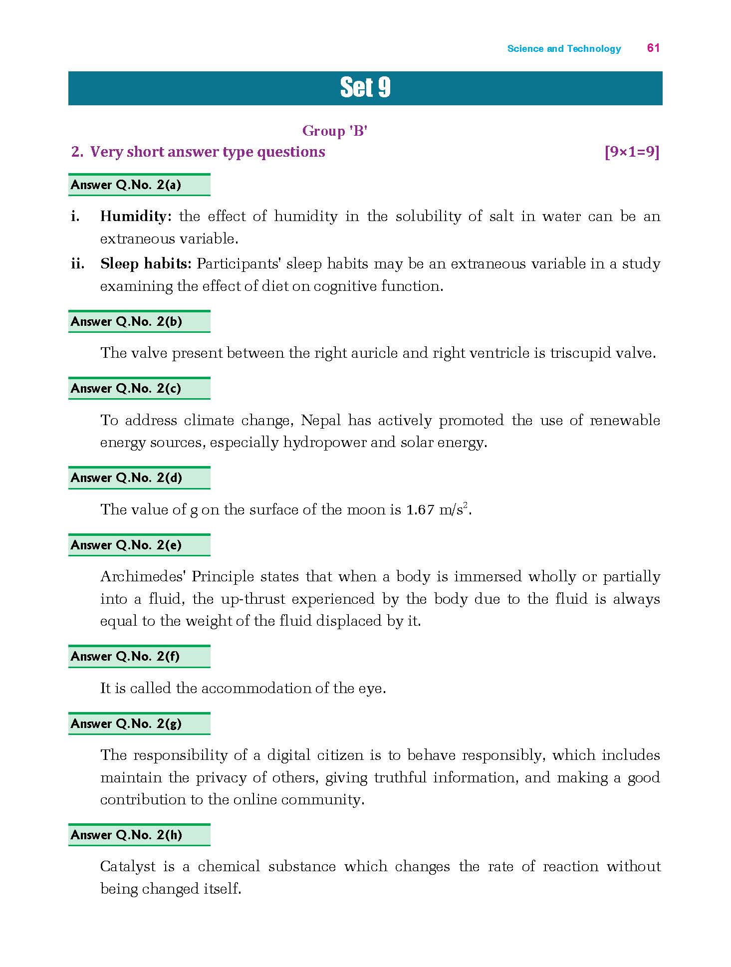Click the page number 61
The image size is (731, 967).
[653, 48]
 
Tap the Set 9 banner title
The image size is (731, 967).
[365, 88]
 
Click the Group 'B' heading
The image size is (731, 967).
[335, 131]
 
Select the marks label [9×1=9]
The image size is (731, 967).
[632, 152]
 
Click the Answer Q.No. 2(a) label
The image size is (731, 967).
[126, 185]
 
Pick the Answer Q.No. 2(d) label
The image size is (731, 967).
[126, 478]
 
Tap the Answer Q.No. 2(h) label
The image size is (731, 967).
[126, 835]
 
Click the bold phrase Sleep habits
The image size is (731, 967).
[145, 263]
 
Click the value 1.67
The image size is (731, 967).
[420, 510]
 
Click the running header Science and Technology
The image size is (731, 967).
[564, 48]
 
